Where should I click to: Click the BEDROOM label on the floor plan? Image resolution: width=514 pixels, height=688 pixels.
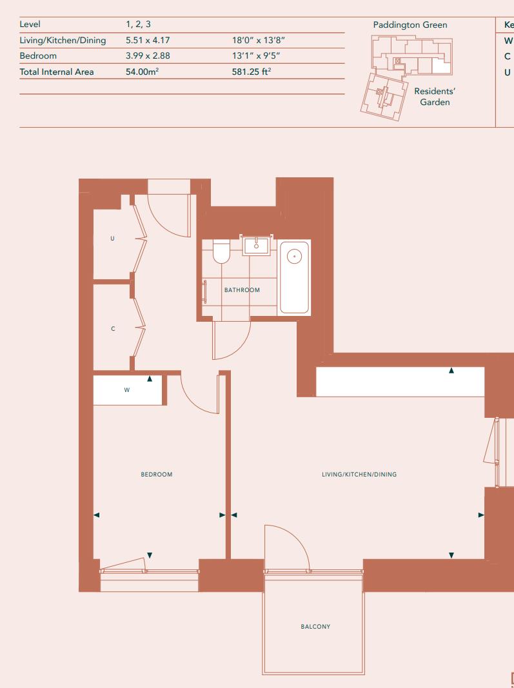pos(157,475)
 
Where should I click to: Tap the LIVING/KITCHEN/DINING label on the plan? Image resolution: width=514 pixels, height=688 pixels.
pos(359,475)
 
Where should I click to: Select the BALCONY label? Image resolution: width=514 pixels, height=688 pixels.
pos(315,626)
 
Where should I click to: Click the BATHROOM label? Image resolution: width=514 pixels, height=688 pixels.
pos(242,290)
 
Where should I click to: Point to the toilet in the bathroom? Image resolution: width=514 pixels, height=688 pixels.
pos(221,251)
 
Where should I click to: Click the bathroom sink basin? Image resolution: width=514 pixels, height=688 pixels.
pos(256,245)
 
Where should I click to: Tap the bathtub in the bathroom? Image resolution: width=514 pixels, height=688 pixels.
pos(294,277)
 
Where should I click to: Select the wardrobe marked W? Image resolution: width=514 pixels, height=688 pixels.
pos(127,390)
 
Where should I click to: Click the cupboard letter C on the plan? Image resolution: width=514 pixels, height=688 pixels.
pos(113,329)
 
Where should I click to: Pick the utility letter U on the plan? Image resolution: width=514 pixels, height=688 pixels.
pos(112,239)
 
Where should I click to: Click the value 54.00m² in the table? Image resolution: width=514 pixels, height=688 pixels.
pos(143,72)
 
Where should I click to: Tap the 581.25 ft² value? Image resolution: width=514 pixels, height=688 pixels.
pos(252,72)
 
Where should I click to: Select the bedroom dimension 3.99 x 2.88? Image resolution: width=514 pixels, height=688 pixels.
pos(148,56)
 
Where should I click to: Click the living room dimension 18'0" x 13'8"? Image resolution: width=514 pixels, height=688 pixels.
pos(259,41)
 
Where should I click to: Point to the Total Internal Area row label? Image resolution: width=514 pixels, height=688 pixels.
pos(57,72)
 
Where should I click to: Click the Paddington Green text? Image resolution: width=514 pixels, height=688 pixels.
pos(410,25)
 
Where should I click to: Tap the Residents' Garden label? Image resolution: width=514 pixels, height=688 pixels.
pos(435,97)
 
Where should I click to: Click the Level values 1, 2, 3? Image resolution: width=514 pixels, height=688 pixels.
pos(138,25)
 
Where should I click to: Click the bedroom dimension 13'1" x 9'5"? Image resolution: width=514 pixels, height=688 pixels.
pos(255,56)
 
